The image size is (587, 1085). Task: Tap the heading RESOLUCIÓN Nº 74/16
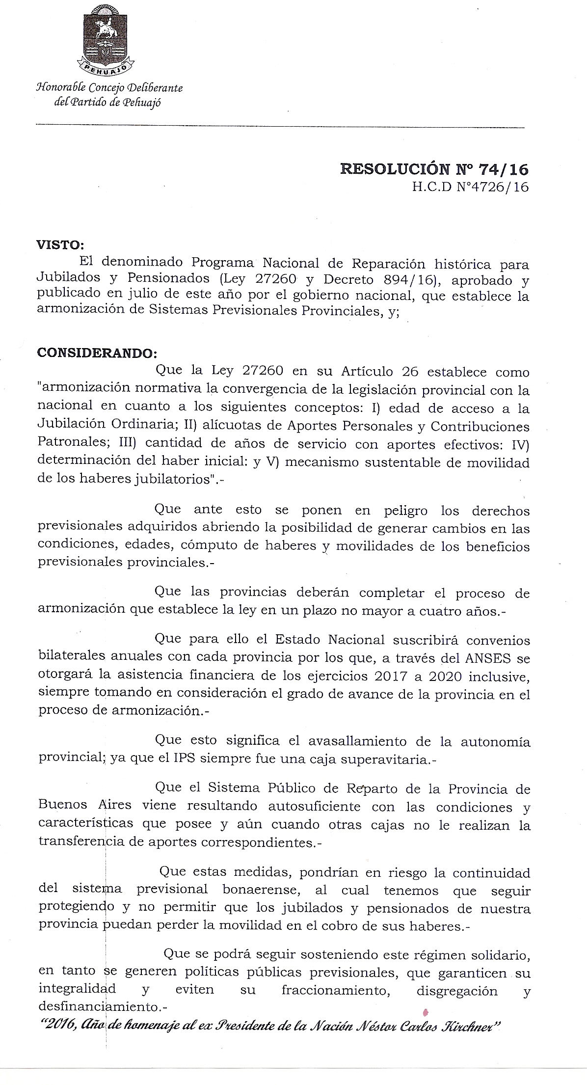tap(434, 169)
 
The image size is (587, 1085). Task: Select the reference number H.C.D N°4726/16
tap(471, 188)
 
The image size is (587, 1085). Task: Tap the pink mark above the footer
tap(425, 1011)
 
